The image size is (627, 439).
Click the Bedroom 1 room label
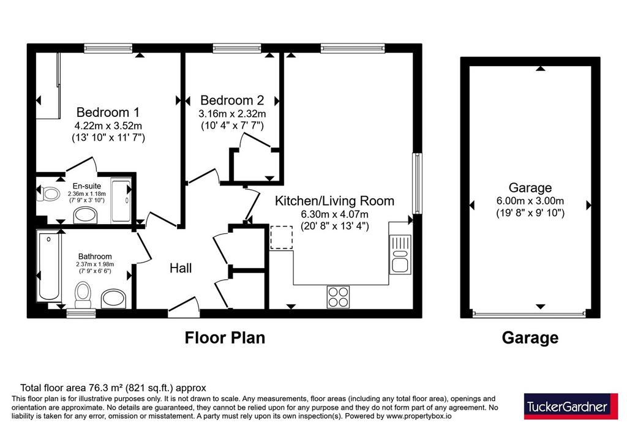pos(108,112)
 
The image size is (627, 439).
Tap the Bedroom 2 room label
pos(232,100)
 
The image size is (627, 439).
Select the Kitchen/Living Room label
pos(334,201)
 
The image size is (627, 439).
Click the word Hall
pos(181,268)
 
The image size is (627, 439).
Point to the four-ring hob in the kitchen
pos(338,297)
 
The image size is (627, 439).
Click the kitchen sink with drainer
pos(400,254)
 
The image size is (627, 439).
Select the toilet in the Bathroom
pos(83,295)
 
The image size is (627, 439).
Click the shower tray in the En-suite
pos(121,201)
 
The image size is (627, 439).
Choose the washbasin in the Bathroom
pos(113,298)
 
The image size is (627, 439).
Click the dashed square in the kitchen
pos(282,238)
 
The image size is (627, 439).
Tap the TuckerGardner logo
pos(571,407)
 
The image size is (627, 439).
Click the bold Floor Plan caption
pos(225,338)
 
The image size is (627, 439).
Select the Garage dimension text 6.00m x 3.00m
pos(530,201)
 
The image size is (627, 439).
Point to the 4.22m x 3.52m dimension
pos(108,126)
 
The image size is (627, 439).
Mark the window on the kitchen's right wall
pos(418,183)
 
